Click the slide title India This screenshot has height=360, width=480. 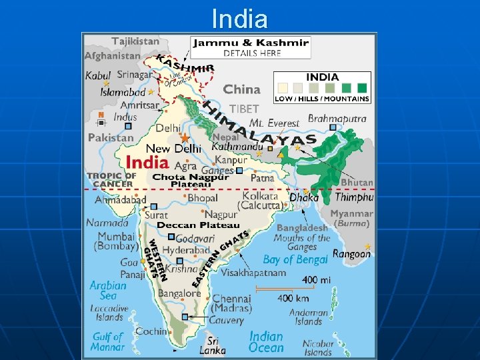[x=239, y=19]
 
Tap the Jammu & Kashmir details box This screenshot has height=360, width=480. [x=251, y=47]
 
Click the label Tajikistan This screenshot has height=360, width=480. [x=135, y=41]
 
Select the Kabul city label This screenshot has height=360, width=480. [x=98, y=75]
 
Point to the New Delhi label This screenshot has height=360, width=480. [x=173, y=148]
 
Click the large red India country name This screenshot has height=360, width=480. [x=147, y=162]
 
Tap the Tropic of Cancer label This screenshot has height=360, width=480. [x=111, y=180]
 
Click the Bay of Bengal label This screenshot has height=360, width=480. [x=295, y=259]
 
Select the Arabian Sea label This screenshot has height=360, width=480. [x=107, y=290]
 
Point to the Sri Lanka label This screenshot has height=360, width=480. [x=213, y=345]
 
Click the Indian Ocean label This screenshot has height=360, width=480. [x=266, y=342]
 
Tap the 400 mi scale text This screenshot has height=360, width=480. [x=316, y=280]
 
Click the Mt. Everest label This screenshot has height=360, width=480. [x=274, y=123]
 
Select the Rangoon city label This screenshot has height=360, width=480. [x=351, y=254]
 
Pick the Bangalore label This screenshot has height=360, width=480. [x=179, y=293]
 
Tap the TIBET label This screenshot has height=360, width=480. [x=243, y=109]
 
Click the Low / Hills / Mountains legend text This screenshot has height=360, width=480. [x=322, y=99]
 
